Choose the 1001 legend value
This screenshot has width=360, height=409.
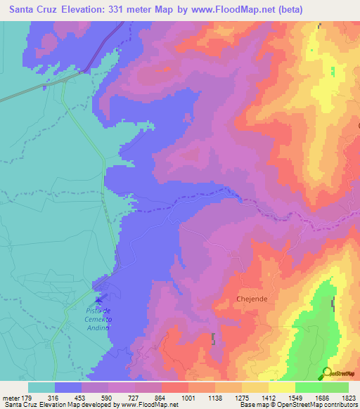(188, 398)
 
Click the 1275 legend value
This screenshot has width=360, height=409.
(243, 398)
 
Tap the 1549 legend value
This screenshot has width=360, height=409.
(295, 398)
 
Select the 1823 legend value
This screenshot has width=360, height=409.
(349, 398)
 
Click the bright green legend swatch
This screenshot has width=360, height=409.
(309, 387)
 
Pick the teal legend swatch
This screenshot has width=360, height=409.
(41, 387)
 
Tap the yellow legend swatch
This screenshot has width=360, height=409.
(282, 387)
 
